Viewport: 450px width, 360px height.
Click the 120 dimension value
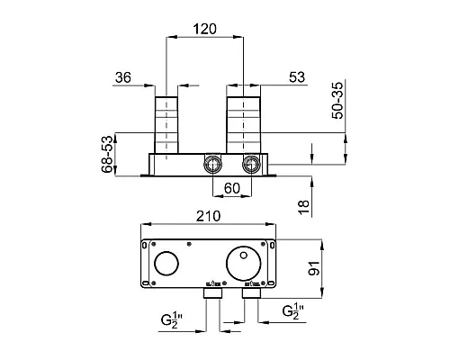[205, 29]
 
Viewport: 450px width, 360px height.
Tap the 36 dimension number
[123, 77]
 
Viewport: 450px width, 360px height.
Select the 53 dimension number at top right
[297, 77]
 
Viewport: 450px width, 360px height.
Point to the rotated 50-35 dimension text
[337, 101]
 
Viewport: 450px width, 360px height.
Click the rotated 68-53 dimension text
[107, 155]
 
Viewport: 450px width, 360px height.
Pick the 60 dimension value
[232, 188]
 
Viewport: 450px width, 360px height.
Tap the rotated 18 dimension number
[304, 207]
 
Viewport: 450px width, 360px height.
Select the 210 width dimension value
[209, 216]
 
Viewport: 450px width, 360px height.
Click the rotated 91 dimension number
[314, 268]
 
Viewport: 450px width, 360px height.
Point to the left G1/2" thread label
[172, 319]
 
